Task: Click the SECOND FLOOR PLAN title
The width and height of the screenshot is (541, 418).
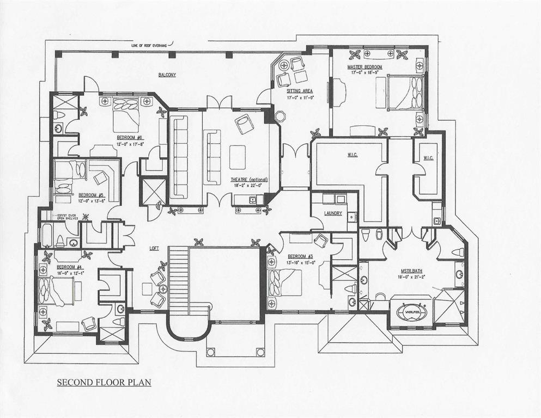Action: point(104,382)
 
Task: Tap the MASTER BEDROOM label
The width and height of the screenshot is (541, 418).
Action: point(365,67)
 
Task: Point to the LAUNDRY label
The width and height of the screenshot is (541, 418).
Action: point(332,213)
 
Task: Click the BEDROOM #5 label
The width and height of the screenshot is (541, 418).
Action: point(91,195)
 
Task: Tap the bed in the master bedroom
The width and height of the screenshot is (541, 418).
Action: point(409,93)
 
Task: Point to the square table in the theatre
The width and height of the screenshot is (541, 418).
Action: point(238,157)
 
